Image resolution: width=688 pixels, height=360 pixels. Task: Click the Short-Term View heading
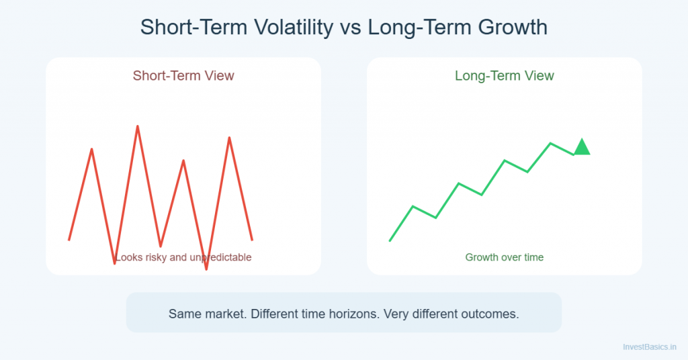click(x=183, y=75)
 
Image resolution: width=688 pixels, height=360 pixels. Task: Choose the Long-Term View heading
click(x=504, y=75)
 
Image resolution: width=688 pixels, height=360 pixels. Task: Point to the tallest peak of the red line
click(x=138, y=126)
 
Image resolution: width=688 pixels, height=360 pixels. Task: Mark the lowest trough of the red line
click(x=206, y=269)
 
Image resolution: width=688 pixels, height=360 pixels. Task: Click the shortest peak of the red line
click(x=183, y=161)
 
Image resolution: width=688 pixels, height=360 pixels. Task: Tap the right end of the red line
click(x=252, y=240)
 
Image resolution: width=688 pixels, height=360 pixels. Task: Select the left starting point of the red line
click(x=69, y=240)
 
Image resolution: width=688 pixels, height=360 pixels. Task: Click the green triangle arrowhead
click(x=581, y=147)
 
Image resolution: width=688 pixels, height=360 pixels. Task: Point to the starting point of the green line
click(x=390, y=240)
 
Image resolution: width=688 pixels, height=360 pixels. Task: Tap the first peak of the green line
click(x=413, y=206)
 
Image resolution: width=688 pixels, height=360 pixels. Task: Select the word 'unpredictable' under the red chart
click(x=221, y=257)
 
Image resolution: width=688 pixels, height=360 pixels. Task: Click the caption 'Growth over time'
click(x=504, y=257)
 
